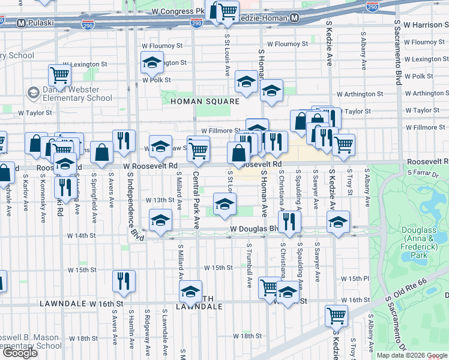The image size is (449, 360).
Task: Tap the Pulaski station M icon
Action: pos(21,23)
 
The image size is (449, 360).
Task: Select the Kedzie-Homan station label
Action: pos(265,19)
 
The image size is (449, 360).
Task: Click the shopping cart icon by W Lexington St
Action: pos(60,76)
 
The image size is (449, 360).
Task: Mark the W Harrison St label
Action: pos(426,25)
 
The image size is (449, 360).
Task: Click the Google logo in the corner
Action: pos(20,353)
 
